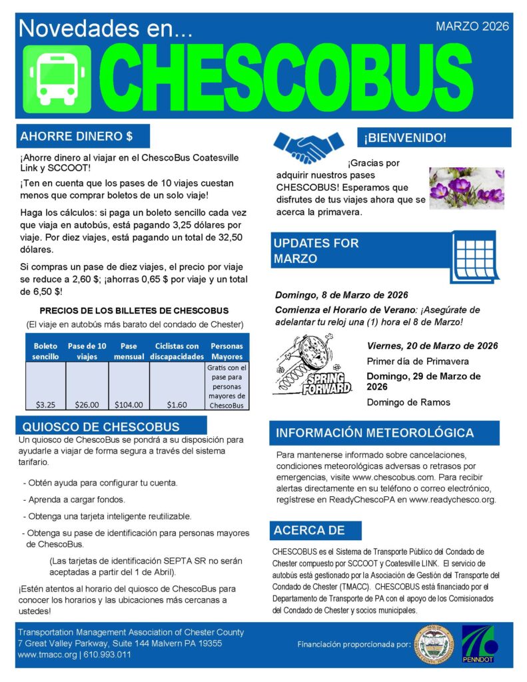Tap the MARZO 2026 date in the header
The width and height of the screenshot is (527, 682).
[472, 27]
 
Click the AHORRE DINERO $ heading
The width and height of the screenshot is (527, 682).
[77, 137]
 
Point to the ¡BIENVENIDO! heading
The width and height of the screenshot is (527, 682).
[404, 138]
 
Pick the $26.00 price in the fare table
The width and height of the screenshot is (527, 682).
[87, 404]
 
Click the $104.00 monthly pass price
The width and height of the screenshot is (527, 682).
[129, 404]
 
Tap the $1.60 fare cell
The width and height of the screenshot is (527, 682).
[176, 404]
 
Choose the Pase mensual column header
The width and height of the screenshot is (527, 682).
[129, 351]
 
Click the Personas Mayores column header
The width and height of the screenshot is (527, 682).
[227, 351]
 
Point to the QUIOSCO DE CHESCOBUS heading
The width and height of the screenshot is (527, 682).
[101, 426]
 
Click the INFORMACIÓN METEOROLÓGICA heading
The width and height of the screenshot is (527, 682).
[375, 433]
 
